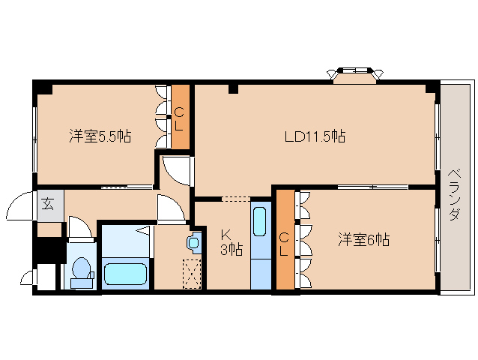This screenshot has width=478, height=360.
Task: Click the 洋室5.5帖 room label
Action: click(x=100, y=136)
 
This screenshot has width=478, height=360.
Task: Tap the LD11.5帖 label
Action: click(x=314, y=136)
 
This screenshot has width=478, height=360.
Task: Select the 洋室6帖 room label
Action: click(x=363, y=240)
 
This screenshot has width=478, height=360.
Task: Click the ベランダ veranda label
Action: click(x=455, y=193)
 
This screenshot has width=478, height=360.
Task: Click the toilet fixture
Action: click(x=81, y=271)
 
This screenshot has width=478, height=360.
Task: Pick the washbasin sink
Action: click(x=195, y=242)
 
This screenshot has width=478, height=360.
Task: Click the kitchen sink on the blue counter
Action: click(x=260, y=222)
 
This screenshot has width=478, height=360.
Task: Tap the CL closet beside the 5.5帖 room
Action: click(x=180, y=118)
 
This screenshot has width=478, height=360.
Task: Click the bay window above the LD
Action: click(x=354, y=74)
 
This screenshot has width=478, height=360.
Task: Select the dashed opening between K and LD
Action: click(x=236, y=199)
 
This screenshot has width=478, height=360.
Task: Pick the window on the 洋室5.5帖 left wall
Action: click(x=34, y=136)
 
